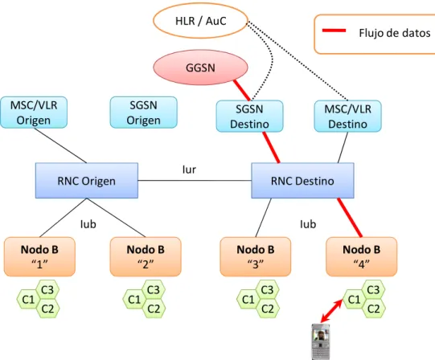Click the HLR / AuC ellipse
200,21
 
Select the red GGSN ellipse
200,67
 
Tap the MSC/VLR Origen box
34,112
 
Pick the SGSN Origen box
143,112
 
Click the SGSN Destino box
249,117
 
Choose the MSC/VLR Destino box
347,117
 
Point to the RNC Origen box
87,181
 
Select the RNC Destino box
302,181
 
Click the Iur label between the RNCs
189,170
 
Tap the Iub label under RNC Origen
88,224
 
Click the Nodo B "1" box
39,256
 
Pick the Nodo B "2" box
146,256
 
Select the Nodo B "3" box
256,256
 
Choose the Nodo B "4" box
362,256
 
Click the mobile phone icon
321,342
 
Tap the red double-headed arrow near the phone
332,311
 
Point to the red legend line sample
334,31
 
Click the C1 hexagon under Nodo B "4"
354,300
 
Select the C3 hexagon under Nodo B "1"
47,290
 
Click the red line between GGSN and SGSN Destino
242,91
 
